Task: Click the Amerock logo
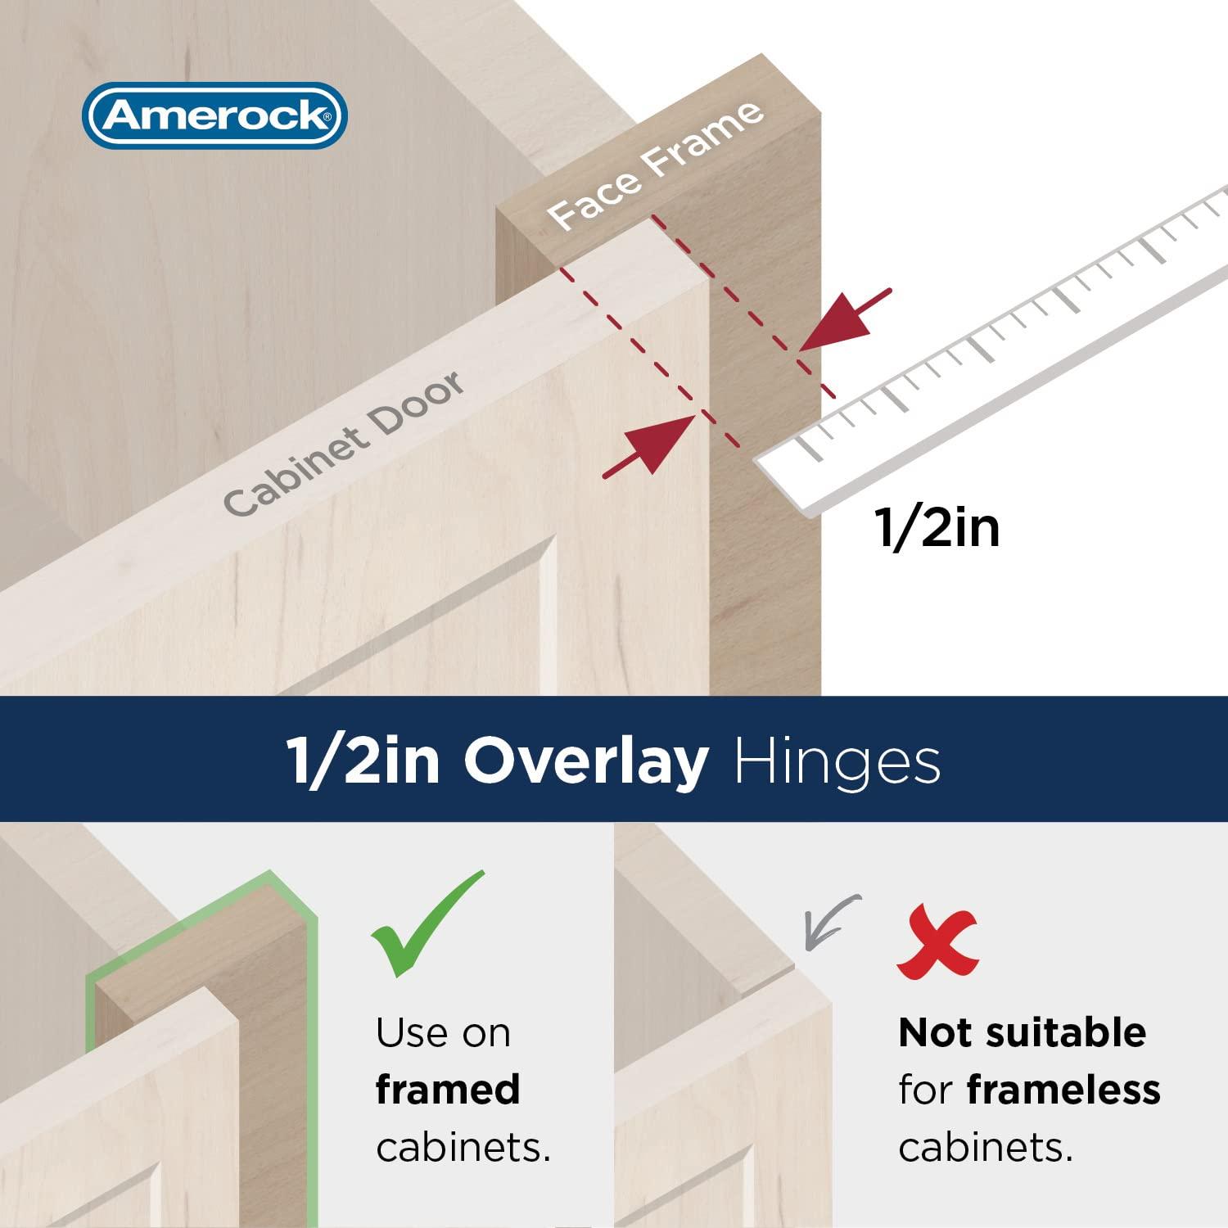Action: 214,115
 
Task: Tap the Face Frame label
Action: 655,166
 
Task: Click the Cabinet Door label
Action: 344,444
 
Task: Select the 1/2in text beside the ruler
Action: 937,527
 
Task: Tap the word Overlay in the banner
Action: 585,761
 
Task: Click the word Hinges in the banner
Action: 837,761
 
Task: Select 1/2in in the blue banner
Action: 363,761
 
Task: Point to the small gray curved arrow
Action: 828,920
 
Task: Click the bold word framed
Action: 448,1090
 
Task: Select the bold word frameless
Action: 1063,1090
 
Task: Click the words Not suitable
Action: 1022,1032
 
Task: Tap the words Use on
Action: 443,1032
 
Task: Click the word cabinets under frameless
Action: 985,1147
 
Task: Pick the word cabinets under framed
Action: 463,1147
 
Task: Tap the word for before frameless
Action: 925,1090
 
